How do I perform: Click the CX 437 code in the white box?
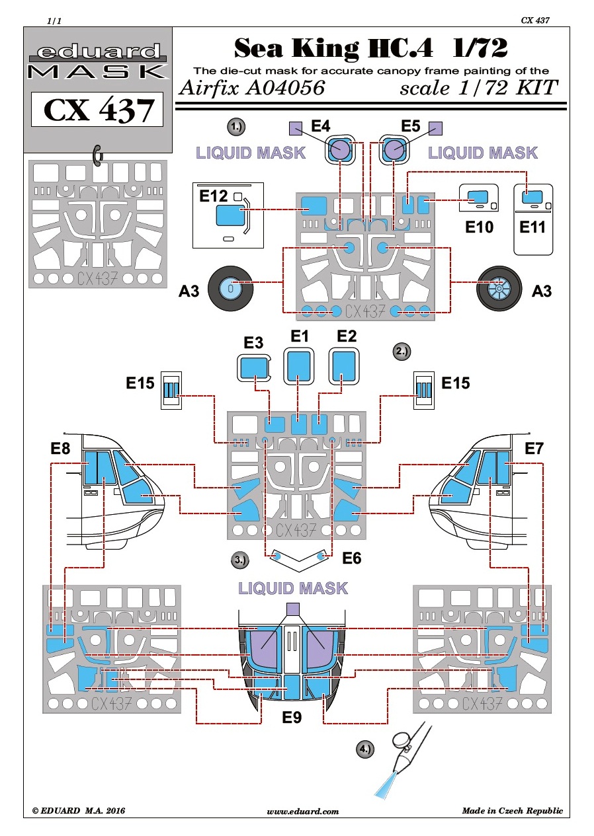pyautogui.click(x=97, y=110)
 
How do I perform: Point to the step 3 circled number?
pyautogui.click(x=240, y=560)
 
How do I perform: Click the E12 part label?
pyautogui.click(x=213, y=196)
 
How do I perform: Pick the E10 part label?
pyautogui.click(x=479, y=227)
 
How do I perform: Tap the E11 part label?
pyautogui.click(x=532, y=227)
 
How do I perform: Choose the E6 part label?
pyautogui.click(x=351, y=559)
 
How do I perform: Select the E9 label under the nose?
pyautogui.click(x=291, y=716)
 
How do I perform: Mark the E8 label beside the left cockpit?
pyautogui.click(x=60, y=449)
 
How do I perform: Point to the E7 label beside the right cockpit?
pyautogui.click(x=533, y=449)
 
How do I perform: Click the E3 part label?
pyautogui.click(x=254, y=343)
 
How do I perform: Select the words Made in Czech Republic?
pyautogui.click(x=512, y=811)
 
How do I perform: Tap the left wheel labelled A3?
pyautogui.click(x=228, y=288)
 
